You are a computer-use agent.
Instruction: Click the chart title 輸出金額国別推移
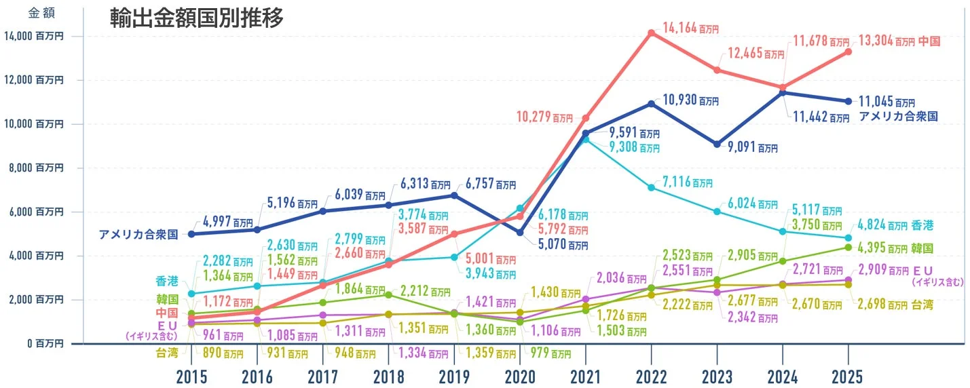197,18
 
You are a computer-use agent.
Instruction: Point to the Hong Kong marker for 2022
651,187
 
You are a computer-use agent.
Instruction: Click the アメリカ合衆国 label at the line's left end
138,235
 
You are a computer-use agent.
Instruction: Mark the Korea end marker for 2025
848,247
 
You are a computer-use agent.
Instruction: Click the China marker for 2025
848,52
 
